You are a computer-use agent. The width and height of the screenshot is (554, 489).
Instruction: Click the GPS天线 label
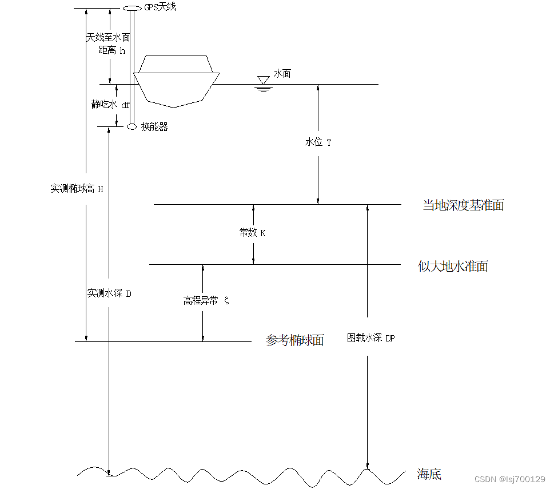(x=160, y=7)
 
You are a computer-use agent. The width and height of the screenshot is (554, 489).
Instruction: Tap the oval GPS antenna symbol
(x=132, y=8)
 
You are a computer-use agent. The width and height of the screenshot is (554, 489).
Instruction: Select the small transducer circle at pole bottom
(x=131, y=126)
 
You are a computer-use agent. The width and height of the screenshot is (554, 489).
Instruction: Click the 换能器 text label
(x=154, y=127)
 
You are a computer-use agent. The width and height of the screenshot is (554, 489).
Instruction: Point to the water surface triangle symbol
(x=264, y=79)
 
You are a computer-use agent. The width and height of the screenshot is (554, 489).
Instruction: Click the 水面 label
(x=282, y=74)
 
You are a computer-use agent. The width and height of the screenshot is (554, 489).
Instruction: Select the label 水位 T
(x=318, y=142)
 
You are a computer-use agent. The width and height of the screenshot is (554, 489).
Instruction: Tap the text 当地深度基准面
(x=463, y=205)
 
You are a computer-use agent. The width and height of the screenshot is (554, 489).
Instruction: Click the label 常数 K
(x=252, y=233)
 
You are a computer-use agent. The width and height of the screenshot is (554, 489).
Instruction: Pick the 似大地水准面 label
(x=453, y=267)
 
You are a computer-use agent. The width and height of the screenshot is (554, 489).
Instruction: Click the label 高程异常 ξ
(x=206, y=301)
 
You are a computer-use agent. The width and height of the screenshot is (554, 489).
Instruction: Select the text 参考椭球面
(x=295, y=341)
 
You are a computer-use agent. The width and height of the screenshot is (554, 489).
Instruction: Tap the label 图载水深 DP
(x=371, y=338)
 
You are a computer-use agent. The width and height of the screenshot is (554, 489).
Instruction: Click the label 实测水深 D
(x=109, y=293)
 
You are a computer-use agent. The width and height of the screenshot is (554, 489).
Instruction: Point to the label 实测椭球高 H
(x=77, y=189)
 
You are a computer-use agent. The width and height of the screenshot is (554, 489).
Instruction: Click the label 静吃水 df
(x=111, y=104)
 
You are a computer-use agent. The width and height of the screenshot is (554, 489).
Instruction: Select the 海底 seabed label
(x=429, y=474)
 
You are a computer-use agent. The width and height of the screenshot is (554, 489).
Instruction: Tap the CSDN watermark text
(x=509, y=478)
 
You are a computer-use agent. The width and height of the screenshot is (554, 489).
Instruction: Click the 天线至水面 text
(x=108, y=38)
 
